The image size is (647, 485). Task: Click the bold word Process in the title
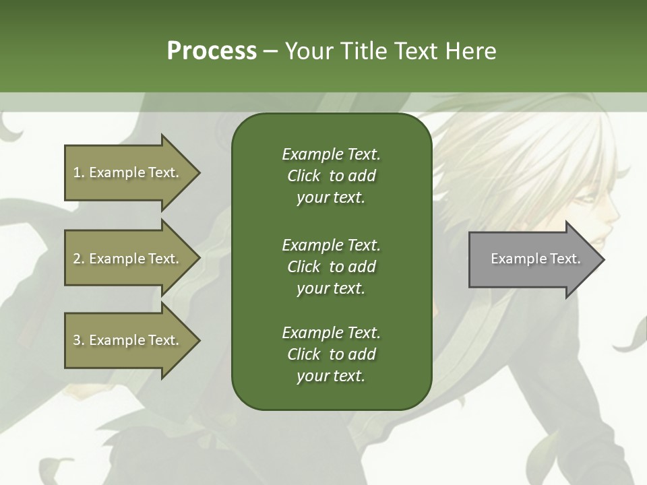[212, 51]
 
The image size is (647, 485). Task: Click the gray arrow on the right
[532, 259]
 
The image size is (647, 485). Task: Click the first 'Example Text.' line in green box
[331, 154]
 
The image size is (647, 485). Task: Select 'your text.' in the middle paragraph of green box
[331, 288]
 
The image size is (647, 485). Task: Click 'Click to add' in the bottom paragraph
[331, 354]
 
